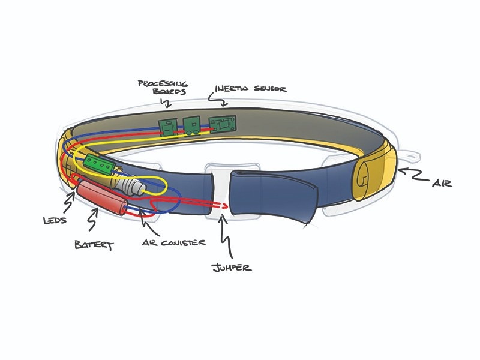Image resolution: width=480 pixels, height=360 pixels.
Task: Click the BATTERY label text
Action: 92,245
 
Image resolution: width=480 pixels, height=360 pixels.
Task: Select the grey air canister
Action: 131,185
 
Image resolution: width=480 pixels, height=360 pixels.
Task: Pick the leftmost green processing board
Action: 167,125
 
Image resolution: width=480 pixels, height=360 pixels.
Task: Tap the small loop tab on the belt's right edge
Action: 410,157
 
